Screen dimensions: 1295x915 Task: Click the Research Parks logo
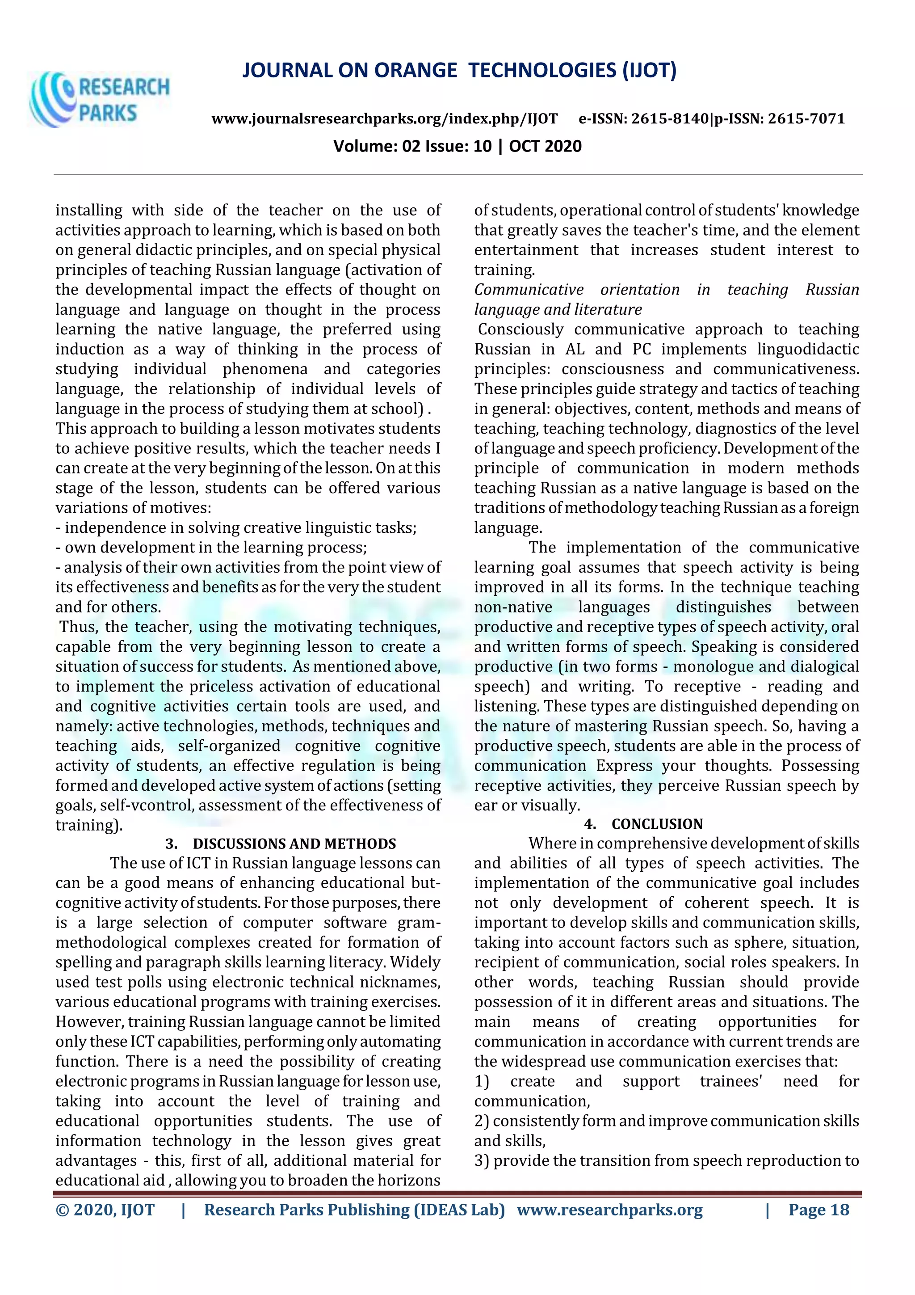[99, 100]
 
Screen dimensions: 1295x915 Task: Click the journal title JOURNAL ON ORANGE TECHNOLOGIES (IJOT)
[459, 71]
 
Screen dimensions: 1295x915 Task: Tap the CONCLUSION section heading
[657, 824]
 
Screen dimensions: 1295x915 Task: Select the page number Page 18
[818, 1210]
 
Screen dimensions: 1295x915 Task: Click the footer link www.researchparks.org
[609, 1210]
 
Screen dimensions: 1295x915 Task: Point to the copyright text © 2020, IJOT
[105, 1210]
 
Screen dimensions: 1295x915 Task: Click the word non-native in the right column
[513, 607]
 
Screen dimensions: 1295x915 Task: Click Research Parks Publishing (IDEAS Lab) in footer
[354, 1210]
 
